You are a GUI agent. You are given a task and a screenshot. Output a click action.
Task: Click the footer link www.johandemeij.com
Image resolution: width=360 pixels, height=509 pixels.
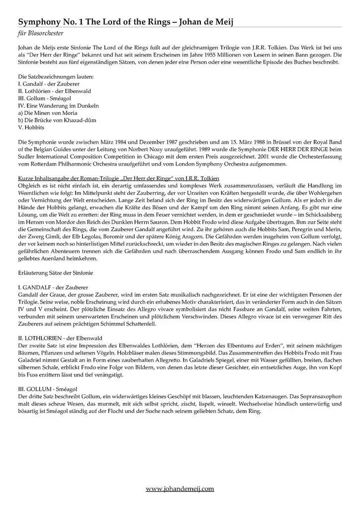[x=180, y=489]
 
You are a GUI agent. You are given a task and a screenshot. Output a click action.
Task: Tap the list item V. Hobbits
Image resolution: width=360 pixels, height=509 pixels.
[x=31, y=127]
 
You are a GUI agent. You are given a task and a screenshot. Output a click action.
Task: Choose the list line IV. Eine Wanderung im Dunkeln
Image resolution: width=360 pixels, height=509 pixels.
[x=58, y=106]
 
